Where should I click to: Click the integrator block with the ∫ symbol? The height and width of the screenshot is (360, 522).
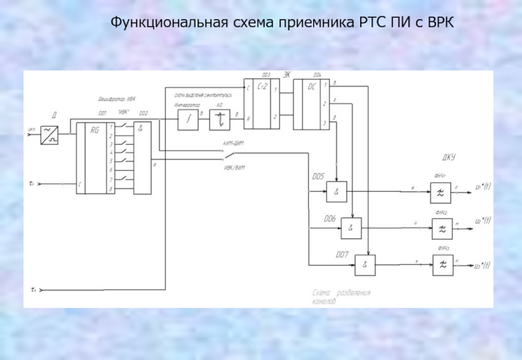[x=188, y=119]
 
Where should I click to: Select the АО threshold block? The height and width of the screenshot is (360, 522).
[x=221, y=119]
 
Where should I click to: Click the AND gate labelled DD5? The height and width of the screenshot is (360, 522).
[x=337, y=192]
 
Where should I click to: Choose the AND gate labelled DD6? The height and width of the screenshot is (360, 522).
[x=352, y=227]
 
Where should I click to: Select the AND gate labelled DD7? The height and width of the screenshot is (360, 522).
[x=365, y=263]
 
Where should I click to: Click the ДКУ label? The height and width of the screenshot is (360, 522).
[x=448, y=158]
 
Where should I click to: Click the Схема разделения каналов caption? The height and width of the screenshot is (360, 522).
[x=341, y=297]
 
